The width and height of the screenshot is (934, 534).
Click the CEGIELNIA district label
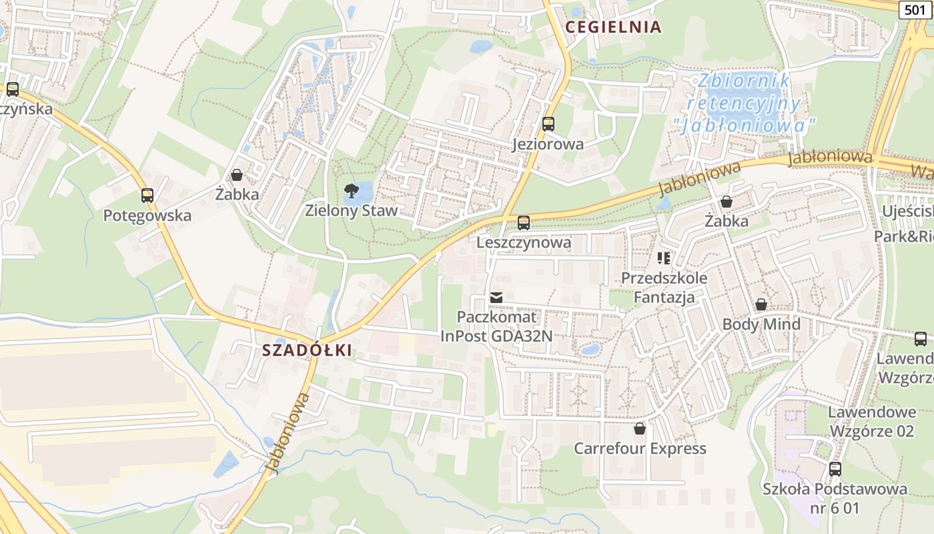(x=612, y=27)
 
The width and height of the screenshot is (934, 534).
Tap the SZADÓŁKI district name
(x=306, y=350)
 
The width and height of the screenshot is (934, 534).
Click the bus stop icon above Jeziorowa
(x=548, y=124)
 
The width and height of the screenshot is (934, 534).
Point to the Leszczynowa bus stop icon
(x=524, y=223)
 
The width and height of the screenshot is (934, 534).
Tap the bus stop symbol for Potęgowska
(x=147, y=196)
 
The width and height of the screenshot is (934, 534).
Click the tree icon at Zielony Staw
(x=351, y=191)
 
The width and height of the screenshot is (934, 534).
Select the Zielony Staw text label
(x=351, y=211)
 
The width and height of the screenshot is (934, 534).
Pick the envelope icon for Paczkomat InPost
(x=496, y=297)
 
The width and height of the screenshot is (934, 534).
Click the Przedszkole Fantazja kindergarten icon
(x=664, y=258)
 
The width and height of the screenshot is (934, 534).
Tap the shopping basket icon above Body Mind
(x=761, y=305)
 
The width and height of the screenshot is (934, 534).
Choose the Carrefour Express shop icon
(x=639, y=428)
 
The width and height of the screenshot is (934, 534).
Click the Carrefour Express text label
(x=639, y=448)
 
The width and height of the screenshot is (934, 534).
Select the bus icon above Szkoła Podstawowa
(x=835, y=469)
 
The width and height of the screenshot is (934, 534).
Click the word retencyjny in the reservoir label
(x=743, y=103)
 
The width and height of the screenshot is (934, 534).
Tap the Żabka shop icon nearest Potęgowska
(x=236, y=176)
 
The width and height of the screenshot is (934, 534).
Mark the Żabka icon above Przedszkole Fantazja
(x=727, y=201)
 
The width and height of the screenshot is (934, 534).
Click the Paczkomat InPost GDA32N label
(x=496, y=326)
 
